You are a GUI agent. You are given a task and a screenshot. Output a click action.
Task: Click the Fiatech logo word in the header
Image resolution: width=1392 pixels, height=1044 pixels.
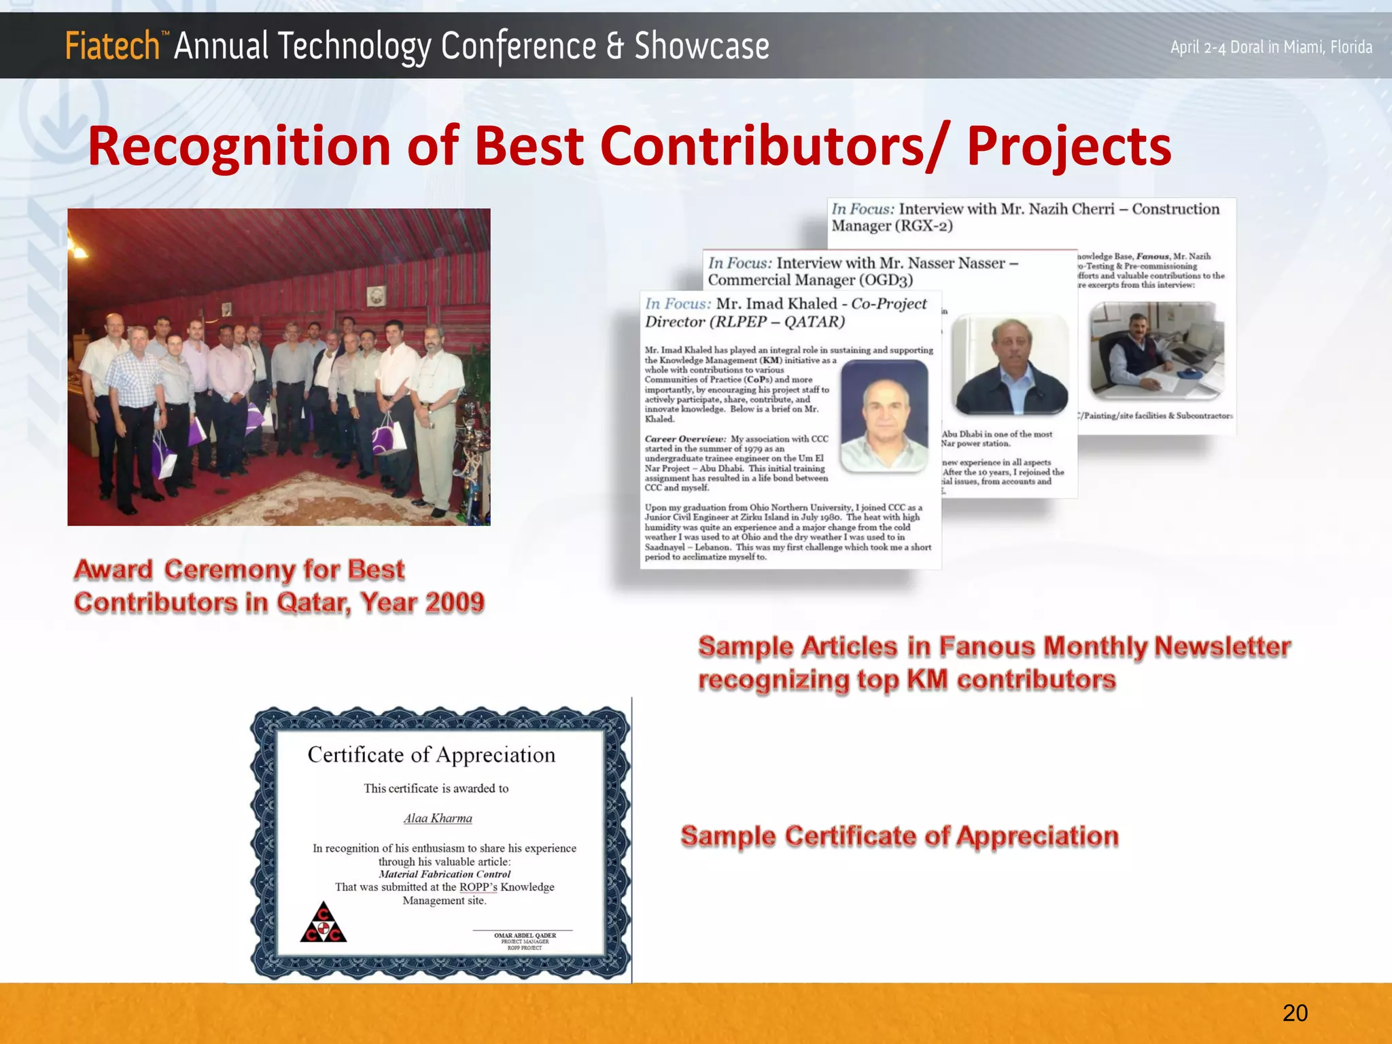coord(112,46)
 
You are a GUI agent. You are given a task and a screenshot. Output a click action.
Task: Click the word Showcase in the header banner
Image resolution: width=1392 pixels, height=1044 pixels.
coord(701,46)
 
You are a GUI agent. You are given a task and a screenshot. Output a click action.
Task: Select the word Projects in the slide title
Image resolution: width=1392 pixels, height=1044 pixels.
coord(1069,147)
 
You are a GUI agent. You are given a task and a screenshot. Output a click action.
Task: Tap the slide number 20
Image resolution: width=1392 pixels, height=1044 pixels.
coord(1295,1013)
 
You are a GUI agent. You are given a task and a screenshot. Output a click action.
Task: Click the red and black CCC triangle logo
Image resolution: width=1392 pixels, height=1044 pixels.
coord(324,922)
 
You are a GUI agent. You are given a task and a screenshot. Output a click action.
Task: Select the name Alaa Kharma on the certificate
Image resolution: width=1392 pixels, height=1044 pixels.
coord(438,818)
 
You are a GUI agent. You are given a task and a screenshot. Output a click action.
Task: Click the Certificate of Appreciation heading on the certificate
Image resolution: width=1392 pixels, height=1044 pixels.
coord(431,754)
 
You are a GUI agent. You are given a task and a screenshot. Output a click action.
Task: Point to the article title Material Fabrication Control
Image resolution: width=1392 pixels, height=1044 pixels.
coord(445,874)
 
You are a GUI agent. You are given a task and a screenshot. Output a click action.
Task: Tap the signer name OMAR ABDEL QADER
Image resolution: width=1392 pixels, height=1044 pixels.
coord(525,935)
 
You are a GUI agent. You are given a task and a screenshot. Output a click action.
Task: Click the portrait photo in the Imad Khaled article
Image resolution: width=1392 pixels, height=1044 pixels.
coord(884,415)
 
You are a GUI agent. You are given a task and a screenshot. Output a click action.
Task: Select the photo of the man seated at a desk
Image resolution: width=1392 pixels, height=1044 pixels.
coord(1156,351)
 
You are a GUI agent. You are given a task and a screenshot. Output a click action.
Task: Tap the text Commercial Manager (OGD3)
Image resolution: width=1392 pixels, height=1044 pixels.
coord(810,280)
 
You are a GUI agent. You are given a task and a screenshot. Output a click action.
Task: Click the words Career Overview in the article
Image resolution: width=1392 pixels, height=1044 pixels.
coord(685,439)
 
